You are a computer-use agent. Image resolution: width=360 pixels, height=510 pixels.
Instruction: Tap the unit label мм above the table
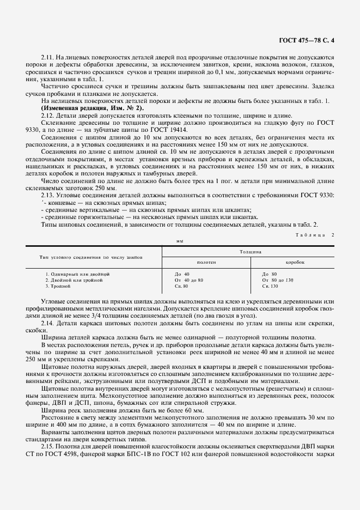180,240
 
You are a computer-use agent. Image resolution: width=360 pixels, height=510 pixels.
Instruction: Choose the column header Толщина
250,252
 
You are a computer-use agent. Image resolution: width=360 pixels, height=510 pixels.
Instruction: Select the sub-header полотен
206,262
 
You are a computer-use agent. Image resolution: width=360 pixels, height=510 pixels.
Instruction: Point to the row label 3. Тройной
56,286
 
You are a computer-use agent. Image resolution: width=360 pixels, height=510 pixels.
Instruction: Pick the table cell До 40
181,274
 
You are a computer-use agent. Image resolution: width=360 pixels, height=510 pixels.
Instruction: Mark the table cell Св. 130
270,286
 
